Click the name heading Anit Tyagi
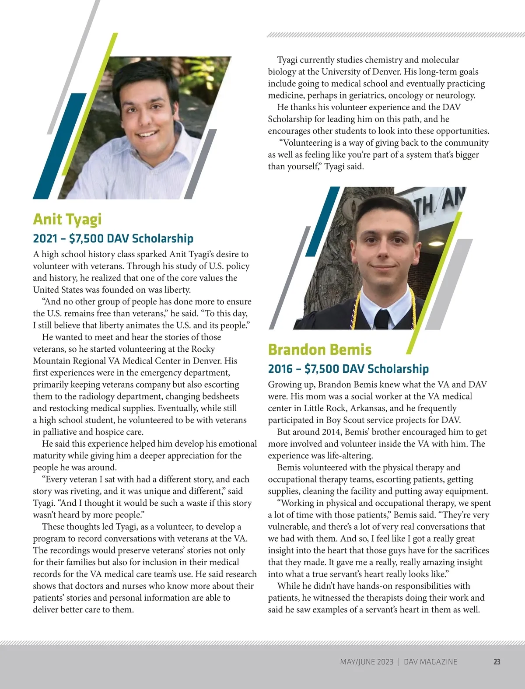click(67, 219)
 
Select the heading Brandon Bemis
click(320, 350)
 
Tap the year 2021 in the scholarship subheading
click(45, 238)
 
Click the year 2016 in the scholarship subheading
click(280, 369)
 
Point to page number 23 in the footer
click(497, 662)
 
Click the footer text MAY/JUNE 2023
click(367, 662)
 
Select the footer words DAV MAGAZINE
click(430, 662)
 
